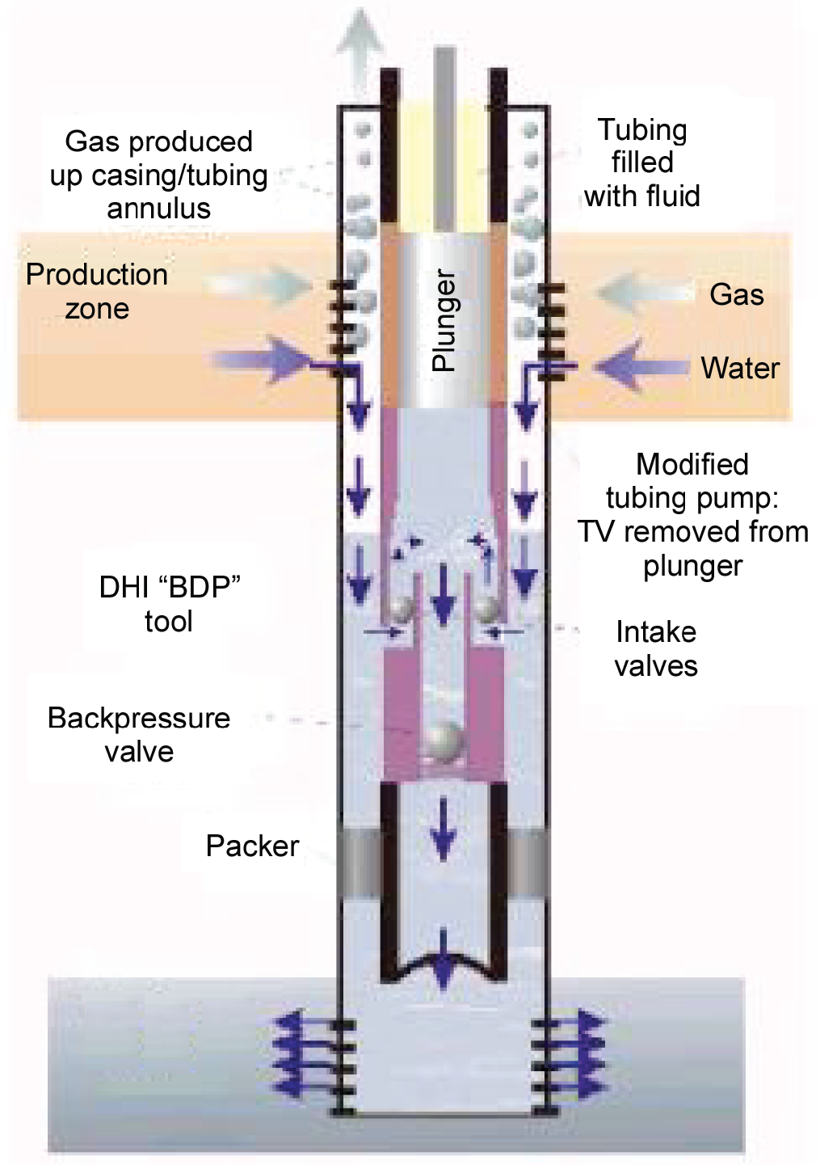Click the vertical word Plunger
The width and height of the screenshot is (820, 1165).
(444, 321)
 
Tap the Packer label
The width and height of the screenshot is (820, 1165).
(252, 846)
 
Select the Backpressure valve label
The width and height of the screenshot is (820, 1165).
(139, 734)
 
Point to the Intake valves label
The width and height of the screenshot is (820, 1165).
(655, 648)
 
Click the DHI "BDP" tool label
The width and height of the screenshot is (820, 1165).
(169, 603)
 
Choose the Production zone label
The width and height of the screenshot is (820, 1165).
(97, 291)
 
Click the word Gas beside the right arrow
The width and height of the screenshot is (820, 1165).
(736, 294)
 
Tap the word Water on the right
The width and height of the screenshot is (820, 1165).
(739, 368)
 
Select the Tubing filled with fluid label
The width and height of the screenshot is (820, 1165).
(642, 163)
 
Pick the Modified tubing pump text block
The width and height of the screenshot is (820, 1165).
(692, 514)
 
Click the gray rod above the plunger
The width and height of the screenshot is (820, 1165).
(444, 137)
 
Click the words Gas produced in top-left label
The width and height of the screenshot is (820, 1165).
(158, 141)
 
